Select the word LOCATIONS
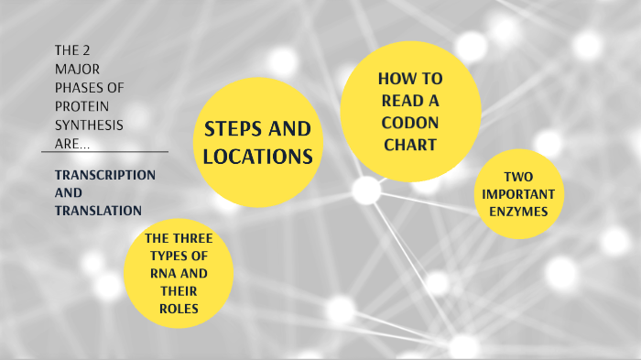click(x=257, y=157)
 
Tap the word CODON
click(x=409, y=122)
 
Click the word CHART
click(x=409, y=144)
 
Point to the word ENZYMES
click(x=517, y=211)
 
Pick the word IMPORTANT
click(x=517, y=193)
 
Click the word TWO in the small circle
click(x=517, y=176)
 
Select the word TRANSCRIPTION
click(x=104, y=174)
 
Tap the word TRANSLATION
click(x=98, y=211)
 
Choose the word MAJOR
click(x=77, y=69)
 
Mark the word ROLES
click(x=178, y=309)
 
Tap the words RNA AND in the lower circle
click(x=178, y=274)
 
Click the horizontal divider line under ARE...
click(x=105, y=152)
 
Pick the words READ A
click(x=409, y=100)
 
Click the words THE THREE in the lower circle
click(x=179, y=238)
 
